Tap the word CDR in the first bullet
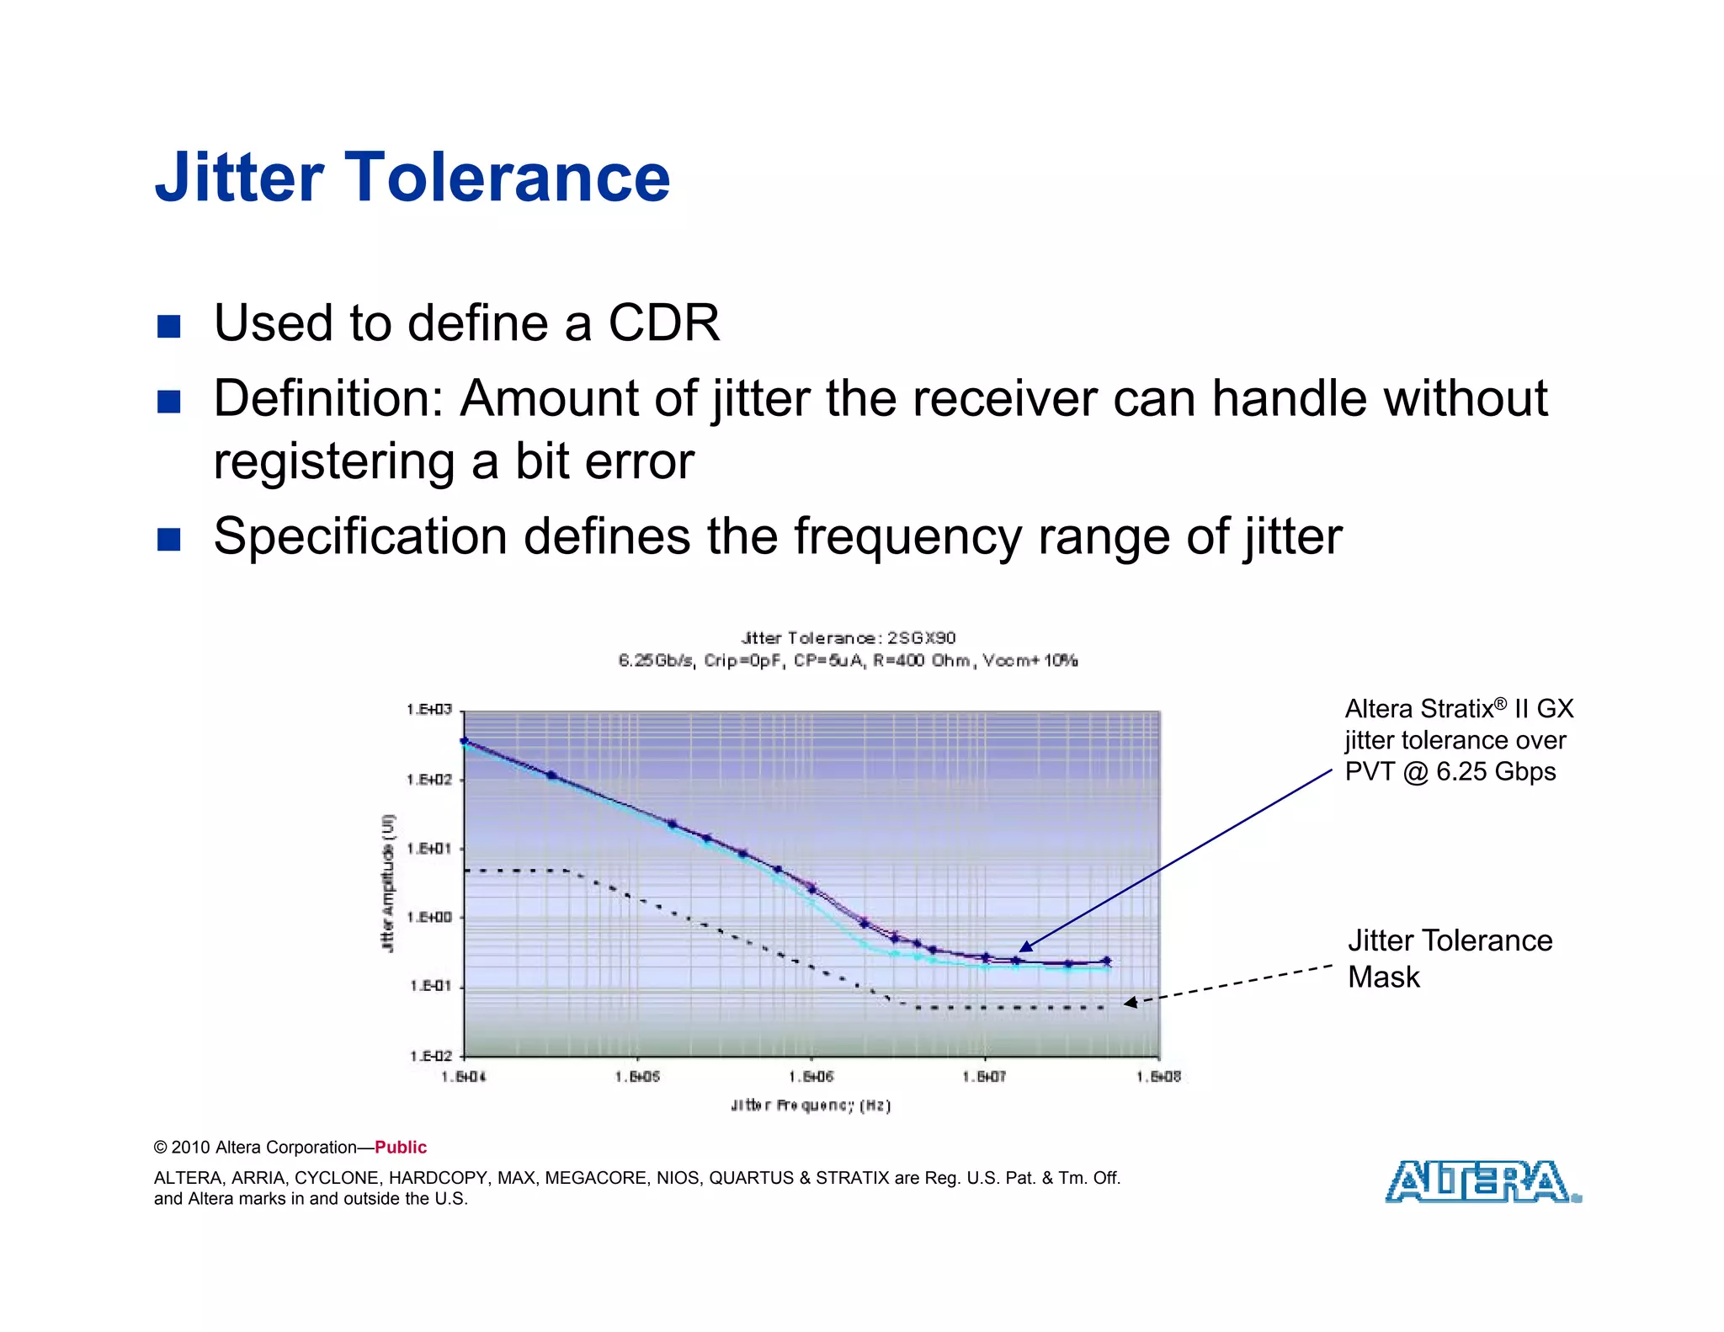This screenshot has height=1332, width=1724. click(663, 323)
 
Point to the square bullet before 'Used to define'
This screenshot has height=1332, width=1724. click(169, 326)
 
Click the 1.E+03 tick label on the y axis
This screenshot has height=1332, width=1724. click(429, 710)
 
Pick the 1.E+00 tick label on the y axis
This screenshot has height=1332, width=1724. click(429, 917)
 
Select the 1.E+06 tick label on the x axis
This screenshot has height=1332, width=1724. click(811, 1077)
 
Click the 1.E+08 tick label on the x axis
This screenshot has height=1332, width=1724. click(1159, 1077)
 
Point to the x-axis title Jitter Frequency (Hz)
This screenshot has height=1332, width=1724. click(811, 1106)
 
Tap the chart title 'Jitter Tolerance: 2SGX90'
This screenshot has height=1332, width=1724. click(848, 638)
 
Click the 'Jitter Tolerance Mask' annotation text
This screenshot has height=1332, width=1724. click(1449, 958)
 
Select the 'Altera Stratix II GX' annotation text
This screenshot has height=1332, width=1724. click(1458, 709)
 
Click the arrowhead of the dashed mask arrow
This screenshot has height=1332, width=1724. click(1131, 1002)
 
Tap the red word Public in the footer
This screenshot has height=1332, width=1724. click(401, 1148)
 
